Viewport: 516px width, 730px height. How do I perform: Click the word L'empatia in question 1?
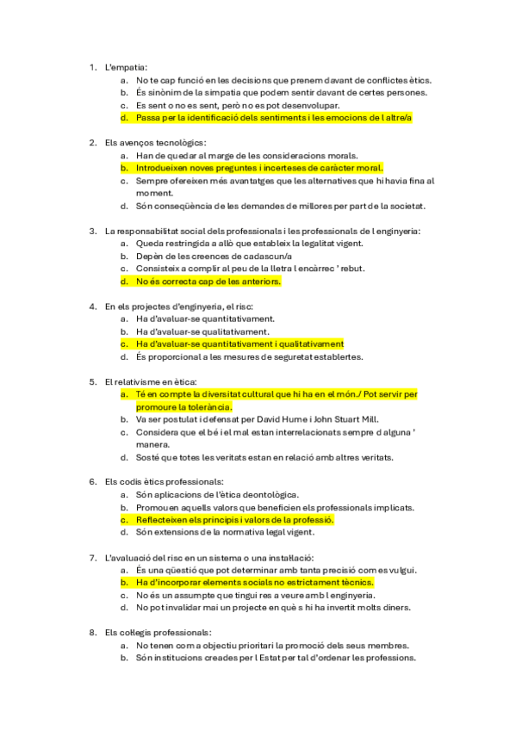[x=126, y=66]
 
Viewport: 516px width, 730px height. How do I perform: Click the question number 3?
[x=93, y=231]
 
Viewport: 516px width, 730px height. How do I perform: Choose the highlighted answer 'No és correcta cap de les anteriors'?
[x=208, y=281]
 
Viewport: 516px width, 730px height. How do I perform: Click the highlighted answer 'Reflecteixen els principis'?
[x=234, y=520]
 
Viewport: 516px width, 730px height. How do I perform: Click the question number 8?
[x=93, y=633]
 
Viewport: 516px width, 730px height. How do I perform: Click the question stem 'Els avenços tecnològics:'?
[x=155, y=142]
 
